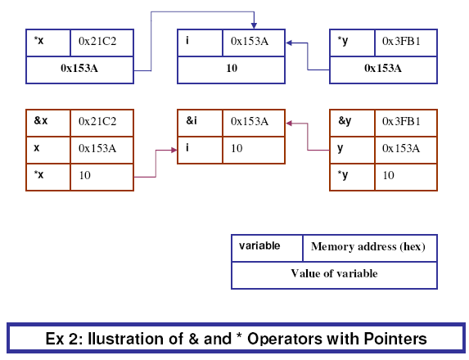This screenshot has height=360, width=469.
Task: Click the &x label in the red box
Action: pyautogui.click(x=41, y=120)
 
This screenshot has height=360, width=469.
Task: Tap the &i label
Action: pyautogui.click(x=192, y=120)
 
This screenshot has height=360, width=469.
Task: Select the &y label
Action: pyautogui.click(x=345, y=121)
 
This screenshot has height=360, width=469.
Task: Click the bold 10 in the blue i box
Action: pyautogui.click(x=232, y=68)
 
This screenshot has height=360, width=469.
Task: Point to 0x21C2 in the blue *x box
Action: pyautogui.click(x=97, y=41)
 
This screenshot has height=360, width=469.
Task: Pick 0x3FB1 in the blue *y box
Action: pyautogui.click(x=401, y=41)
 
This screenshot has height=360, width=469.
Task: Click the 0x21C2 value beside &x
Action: pyautogui.click(x=97, y=121)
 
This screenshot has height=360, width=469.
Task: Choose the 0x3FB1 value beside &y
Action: pyautogui.click(x=401, y=121)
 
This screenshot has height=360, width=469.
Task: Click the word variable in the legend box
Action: pyautogui.click(x=259, y=245)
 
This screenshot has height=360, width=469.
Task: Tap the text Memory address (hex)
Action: pyautogui.click(x=368, y=246)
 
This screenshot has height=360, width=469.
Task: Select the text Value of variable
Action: pyautogui.click(x=335, y=273)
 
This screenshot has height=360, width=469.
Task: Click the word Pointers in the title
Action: pyautogui.click(x=395, y=339)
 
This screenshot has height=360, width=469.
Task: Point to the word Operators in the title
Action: pyautogui.click(x=285, y=339)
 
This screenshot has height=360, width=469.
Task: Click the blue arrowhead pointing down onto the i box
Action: pyautogui.click(x=254, y=25)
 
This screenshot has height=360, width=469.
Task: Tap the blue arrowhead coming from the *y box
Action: pyautogui.click(x=289, y=43)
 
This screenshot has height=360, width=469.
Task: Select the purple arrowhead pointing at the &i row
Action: pyautogui.click(x=289, y=124)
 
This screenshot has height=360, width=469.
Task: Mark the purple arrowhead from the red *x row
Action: pyautogui.click(x=174, y=150)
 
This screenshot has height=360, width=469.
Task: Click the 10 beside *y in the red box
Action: pyautogui.click(x=389, y=175)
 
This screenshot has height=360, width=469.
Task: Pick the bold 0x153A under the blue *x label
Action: pyautogui.click(x=79, y=68)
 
